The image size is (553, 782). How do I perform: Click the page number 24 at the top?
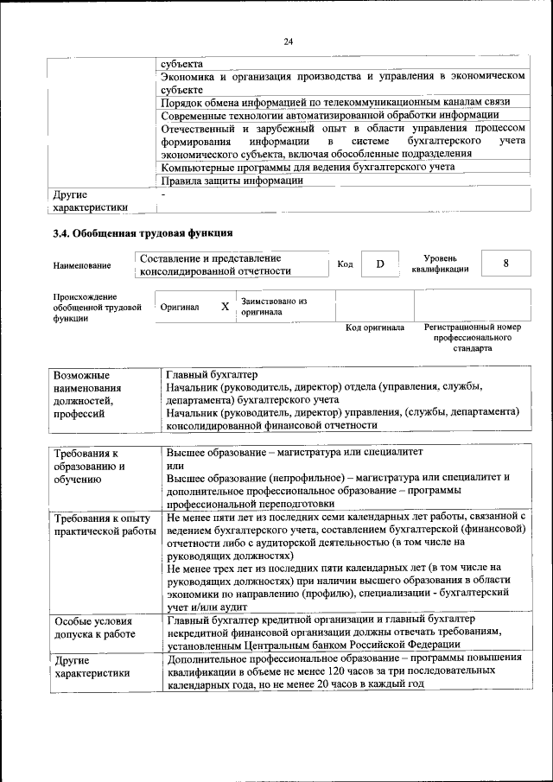tap(288, 41)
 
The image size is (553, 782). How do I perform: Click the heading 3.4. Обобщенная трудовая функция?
tap(143, 232)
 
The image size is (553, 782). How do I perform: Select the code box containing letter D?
tap(379, 264)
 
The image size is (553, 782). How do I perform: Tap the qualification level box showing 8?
tap(505, 264)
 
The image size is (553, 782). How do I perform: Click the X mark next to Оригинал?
tap(224, 307)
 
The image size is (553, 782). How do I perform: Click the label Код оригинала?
tap(374, 328)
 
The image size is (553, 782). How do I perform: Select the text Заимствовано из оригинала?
tap(274, 307)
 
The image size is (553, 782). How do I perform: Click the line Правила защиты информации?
tap(232, 181)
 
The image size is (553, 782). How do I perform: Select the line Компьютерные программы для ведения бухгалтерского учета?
tap(308, 167)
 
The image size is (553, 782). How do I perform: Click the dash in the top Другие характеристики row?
tap(162, 196)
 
